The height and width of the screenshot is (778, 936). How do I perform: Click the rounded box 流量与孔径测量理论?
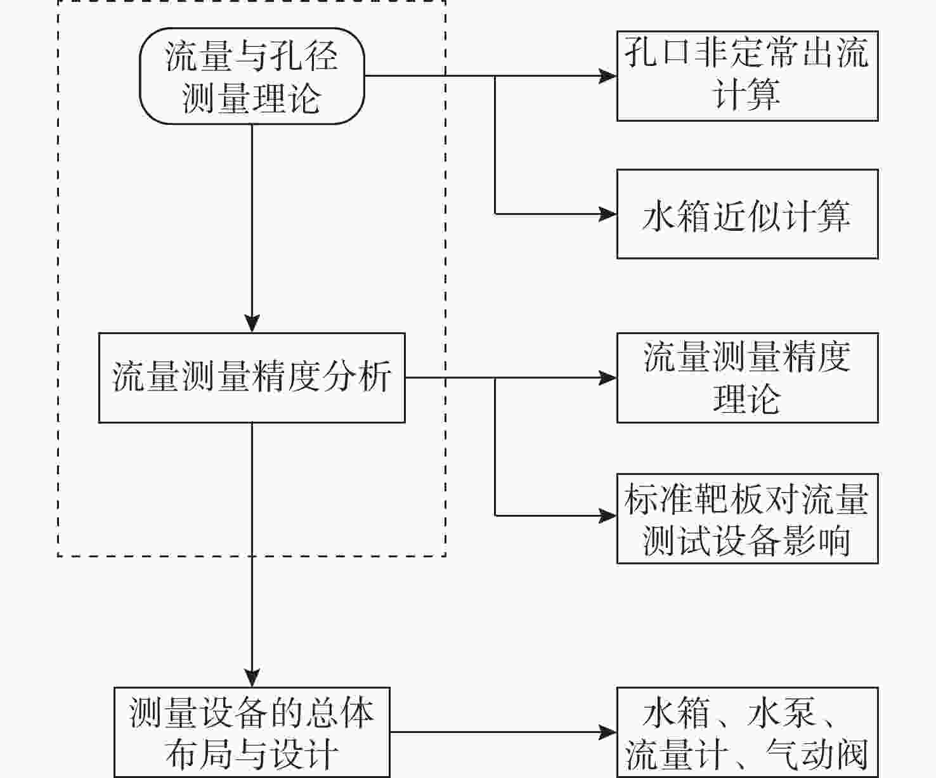click(252, 76)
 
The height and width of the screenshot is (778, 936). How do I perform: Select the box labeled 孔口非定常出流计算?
click(747, 75)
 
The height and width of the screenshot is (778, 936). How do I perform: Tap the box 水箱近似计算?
click(747, 214)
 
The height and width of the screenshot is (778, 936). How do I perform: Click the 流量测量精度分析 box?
click(252, 378)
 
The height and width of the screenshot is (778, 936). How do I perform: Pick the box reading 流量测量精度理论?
click(747, 378)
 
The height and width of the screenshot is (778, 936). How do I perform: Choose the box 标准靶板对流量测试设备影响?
click(747, 518)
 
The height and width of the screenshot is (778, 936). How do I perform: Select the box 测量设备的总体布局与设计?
click(252, 732)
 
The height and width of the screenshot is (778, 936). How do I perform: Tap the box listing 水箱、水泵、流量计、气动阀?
click(747, 732)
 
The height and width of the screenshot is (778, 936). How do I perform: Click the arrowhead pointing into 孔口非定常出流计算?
click(608, 76)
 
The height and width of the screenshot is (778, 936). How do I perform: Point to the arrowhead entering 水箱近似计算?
click(608, 214)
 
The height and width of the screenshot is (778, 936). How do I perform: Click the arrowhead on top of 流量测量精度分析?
click(252, 323)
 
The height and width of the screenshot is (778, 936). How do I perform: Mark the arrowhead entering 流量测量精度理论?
click(608, 378)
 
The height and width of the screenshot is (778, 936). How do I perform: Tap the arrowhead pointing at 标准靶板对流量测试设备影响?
click(608, 515)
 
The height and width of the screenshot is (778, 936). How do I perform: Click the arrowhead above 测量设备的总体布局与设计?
click(252, 678)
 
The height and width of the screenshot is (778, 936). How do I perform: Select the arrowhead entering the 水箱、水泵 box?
click(608, 732)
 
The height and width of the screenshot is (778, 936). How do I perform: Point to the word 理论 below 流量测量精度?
click(746, 399)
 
